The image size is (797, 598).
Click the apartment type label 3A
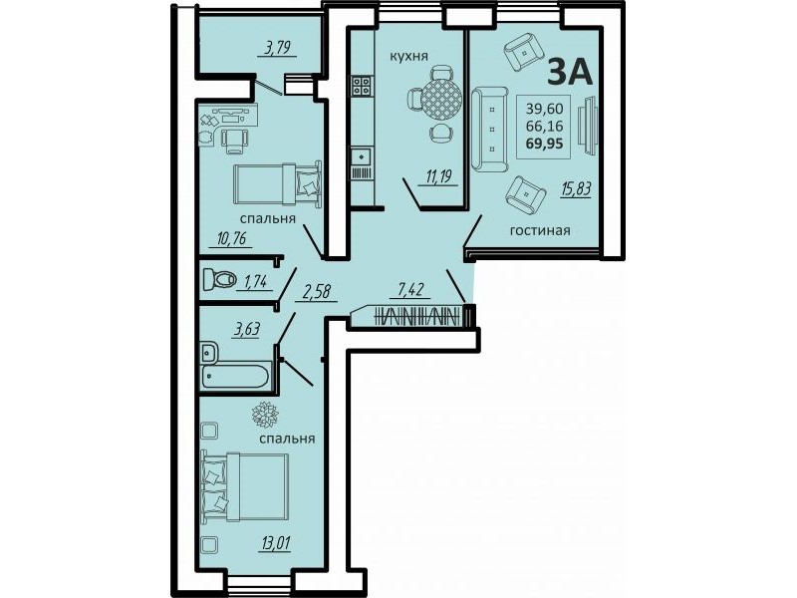coord(570,72)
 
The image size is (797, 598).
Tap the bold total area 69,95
coord(544,144)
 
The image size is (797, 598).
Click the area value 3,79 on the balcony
coord(277,49)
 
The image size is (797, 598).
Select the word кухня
coord(409,56)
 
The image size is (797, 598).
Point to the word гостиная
coord(540,230)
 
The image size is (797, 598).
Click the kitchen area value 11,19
coord(439,177)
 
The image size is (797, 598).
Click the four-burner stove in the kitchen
coord(361,86)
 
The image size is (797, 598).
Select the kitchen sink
coord(361,154)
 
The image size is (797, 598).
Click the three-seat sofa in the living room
coord(489,130)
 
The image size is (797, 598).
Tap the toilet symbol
coord(219,279)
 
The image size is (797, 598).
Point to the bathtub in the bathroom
coord(234,377)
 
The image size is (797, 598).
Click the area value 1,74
coord(255,281)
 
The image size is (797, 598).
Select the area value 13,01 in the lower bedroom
coord(276,543)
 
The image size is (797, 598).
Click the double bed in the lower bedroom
coord(245,487)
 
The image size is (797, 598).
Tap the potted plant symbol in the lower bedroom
coord(264,414)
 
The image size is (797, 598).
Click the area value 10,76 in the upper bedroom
coord(233,238)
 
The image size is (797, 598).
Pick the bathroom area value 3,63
coord(246,329)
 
